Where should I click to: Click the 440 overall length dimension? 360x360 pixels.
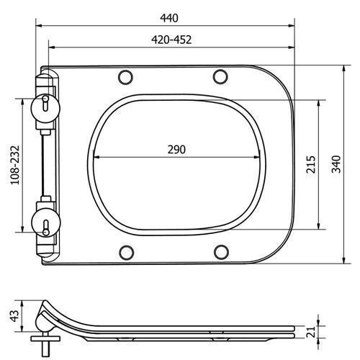(169, 18)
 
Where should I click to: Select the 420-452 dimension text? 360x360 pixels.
(171, 40)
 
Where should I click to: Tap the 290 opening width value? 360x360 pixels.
(176, 150)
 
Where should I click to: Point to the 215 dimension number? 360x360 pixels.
(311, 164)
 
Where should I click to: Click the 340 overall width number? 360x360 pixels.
(336, 164)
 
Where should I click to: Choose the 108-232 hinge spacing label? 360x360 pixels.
(15, 165)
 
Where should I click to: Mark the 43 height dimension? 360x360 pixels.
(14, 316)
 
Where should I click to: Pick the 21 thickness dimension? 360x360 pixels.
(310, 332)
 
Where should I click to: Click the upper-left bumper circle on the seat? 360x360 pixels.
(125, 77)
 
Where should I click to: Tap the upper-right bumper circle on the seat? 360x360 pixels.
(220, 76)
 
